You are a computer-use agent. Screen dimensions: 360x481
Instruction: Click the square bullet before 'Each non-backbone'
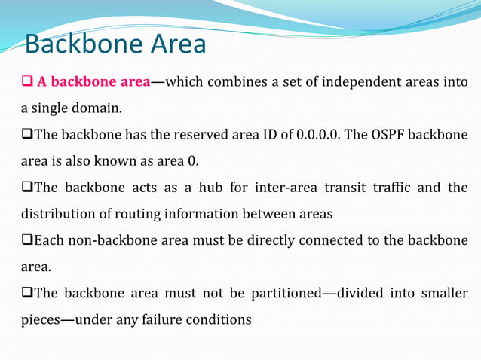[26, 240]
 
